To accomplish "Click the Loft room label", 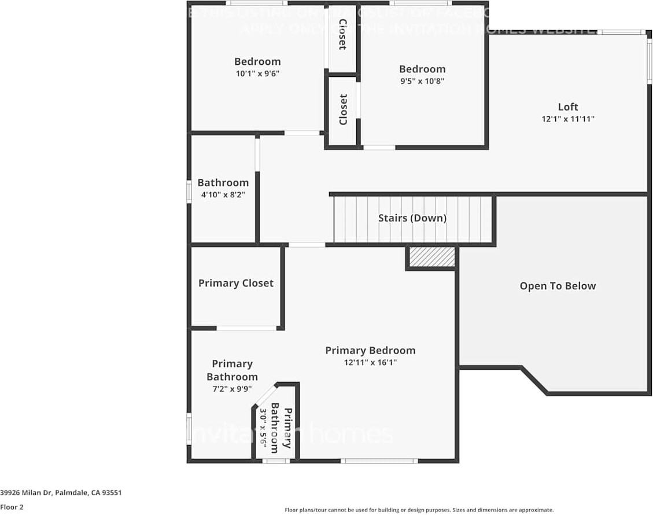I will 567,106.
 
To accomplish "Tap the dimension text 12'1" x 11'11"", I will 567,119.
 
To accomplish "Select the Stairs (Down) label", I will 412,218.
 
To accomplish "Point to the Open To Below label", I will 557,286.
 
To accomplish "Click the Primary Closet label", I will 235,283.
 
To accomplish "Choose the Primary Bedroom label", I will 370,350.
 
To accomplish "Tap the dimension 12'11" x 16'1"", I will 370,363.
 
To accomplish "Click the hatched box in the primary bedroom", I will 431,257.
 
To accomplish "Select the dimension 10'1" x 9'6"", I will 257,73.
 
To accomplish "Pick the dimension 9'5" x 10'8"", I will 422,81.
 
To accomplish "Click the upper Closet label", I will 342,34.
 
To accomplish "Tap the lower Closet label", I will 343,110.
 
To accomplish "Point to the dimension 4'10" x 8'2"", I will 223,195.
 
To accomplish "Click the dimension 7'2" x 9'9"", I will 232,389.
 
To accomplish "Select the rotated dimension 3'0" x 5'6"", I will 263,429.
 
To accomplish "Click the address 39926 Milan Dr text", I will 61,493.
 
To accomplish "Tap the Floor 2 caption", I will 12,507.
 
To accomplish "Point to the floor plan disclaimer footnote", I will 419,510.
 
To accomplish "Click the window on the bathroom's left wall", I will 189,192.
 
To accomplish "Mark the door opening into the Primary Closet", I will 246,328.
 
